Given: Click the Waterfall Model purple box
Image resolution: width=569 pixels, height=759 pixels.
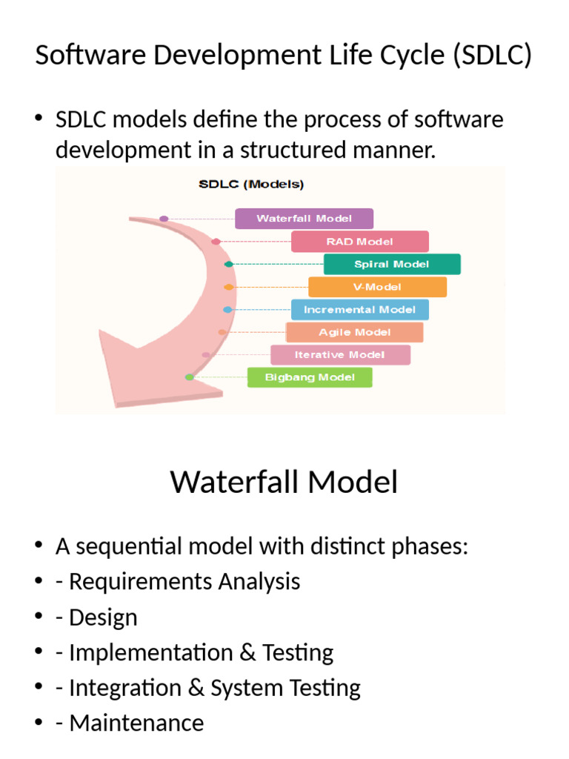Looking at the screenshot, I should click(x=304, y=219).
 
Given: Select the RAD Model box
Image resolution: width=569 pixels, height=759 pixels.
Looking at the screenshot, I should click(x=359, y=242).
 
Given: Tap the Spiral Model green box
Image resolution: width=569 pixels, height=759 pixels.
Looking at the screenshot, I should click(x=392, y=265).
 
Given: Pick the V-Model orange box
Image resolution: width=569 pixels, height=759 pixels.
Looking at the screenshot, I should click(x=377, y=287).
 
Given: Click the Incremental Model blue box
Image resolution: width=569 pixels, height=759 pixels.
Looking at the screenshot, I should click(x=359, y=310).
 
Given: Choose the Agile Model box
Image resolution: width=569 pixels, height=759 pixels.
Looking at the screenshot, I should click(x=354, y=332).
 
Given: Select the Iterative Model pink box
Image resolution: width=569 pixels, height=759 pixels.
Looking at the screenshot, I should click(x=339, y=355).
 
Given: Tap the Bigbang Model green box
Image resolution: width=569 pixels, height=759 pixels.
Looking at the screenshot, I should click(x=309, y=377).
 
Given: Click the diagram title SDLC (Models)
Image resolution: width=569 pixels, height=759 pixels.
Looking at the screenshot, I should click(x=250, y=185).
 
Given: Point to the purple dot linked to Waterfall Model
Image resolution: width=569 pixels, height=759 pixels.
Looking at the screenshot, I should click(x=164, y=219).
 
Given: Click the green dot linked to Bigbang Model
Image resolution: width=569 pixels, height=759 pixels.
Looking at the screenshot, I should click(x=189, y=377).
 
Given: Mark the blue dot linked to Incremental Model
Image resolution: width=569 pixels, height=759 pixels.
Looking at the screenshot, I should click(x=227, y=309).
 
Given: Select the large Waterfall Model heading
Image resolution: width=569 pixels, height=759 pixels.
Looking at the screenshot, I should click(x=284, y=483).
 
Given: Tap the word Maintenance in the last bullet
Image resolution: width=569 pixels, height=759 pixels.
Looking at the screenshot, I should click(x=136, y=723).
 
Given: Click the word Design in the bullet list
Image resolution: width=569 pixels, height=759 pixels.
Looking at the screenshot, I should click(x=103, y=617).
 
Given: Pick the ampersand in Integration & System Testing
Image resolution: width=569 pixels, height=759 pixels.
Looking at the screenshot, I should click(x=196, y=688).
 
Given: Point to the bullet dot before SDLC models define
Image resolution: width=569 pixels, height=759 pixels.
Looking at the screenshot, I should click(x=39, y=120).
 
